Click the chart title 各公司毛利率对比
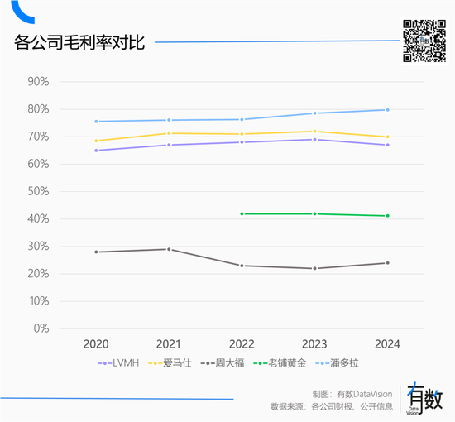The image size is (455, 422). coord(79,41)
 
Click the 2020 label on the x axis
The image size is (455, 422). coord(96,343)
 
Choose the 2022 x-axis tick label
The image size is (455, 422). coord(241,343)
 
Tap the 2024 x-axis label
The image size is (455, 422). coord(387,343)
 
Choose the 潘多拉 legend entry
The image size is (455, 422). coord(342,363)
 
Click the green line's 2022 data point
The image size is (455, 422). coord(242,213)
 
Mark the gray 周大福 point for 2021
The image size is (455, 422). coord(169,249)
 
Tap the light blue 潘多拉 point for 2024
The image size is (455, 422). coord(387,110)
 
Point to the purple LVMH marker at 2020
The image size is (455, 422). coord(96,151)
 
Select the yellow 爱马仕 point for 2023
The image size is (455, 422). coord(314,132)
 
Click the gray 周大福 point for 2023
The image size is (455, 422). coord(314,268)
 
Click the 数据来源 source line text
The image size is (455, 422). coord(331,407)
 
